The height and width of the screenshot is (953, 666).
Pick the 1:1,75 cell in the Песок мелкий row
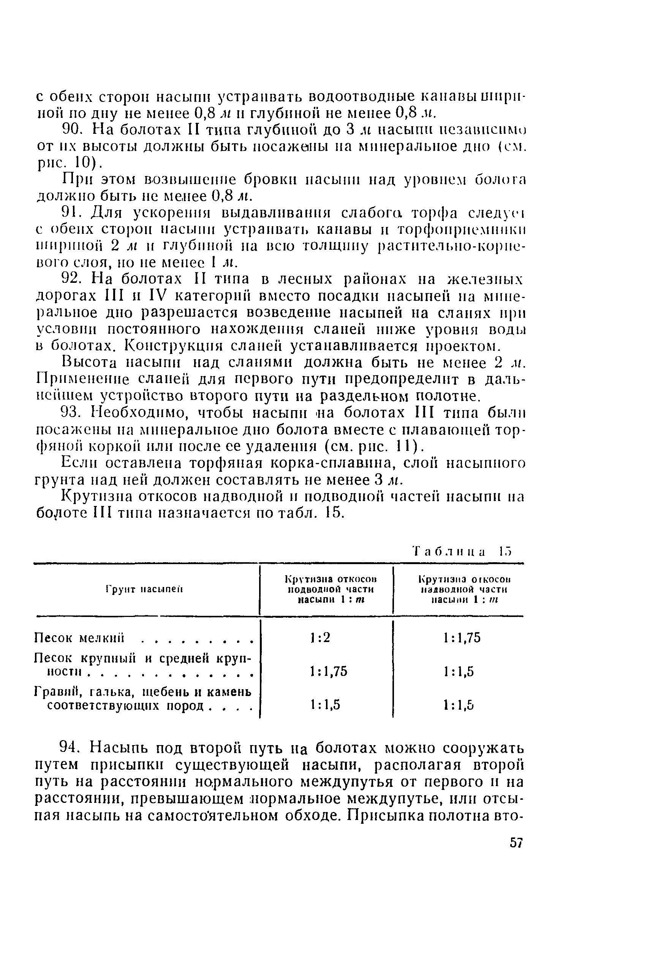click(x=462, y=637)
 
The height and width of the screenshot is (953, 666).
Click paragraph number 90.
click(x=73, y=130)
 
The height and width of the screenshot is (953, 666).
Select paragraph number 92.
click(x=73, y=279)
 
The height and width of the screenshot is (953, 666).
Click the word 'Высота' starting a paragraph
click(x=89, y=363)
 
